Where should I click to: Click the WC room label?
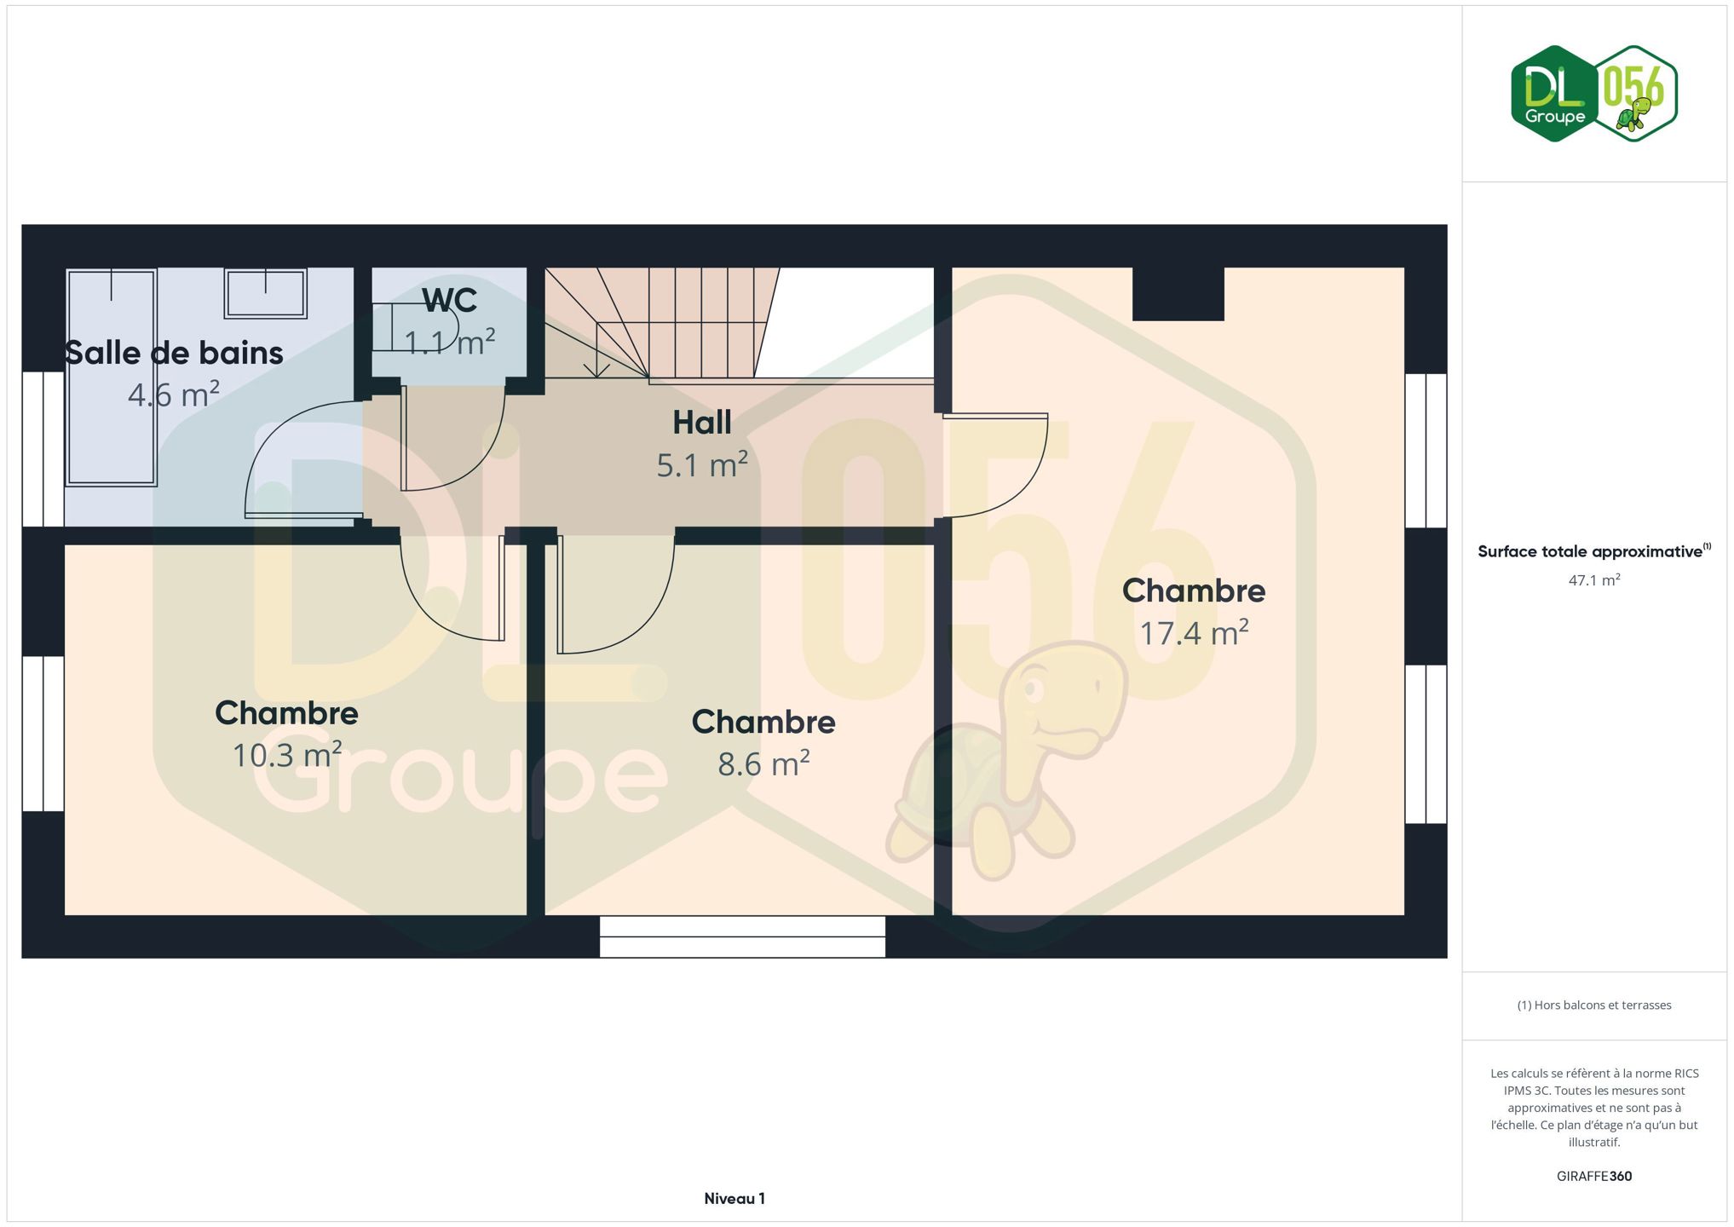coord(449,300)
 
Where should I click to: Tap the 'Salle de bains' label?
coord(174,353)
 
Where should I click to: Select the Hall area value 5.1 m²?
coord(702,465)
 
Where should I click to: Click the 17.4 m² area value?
coord(1194,633)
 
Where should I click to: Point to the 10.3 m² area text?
coord(287,755)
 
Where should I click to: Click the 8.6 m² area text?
coord(763,763)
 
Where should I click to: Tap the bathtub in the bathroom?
coord(112,377)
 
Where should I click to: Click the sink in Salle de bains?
coord(265,293)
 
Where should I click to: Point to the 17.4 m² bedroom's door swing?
coord(995,465)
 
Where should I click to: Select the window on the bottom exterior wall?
coord(742,936)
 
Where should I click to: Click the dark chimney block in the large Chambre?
coord(1178,294)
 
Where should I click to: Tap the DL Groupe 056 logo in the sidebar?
coord(1594,94)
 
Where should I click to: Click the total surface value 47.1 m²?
coord(1594,580)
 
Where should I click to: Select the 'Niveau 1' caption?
coord(735,1199)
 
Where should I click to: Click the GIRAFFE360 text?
coord(1594,1177)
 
